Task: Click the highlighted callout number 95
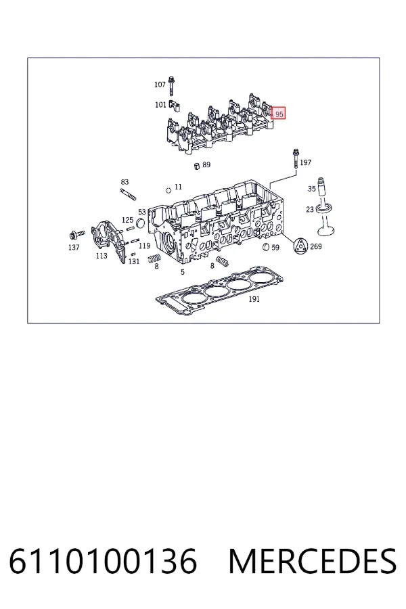click(278, 114)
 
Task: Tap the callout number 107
click(160, 85)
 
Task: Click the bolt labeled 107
click(171, 86)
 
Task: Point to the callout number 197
click(305, 162)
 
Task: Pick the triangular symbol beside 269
click(300, 246)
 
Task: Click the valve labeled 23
click(323, 219)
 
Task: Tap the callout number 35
click(311, 189)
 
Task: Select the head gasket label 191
click(254, 298)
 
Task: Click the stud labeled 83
click(128, 195)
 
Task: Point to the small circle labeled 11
click(168, 190)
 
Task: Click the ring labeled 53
click(140, 223)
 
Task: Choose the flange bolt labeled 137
click(76, 234)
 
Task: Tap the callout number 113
click(101, 256)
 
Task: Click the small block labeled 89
click(197, 166)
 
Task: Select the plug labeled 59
click(266, 246)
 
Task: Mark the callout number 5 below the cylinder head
click(183, 272)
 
